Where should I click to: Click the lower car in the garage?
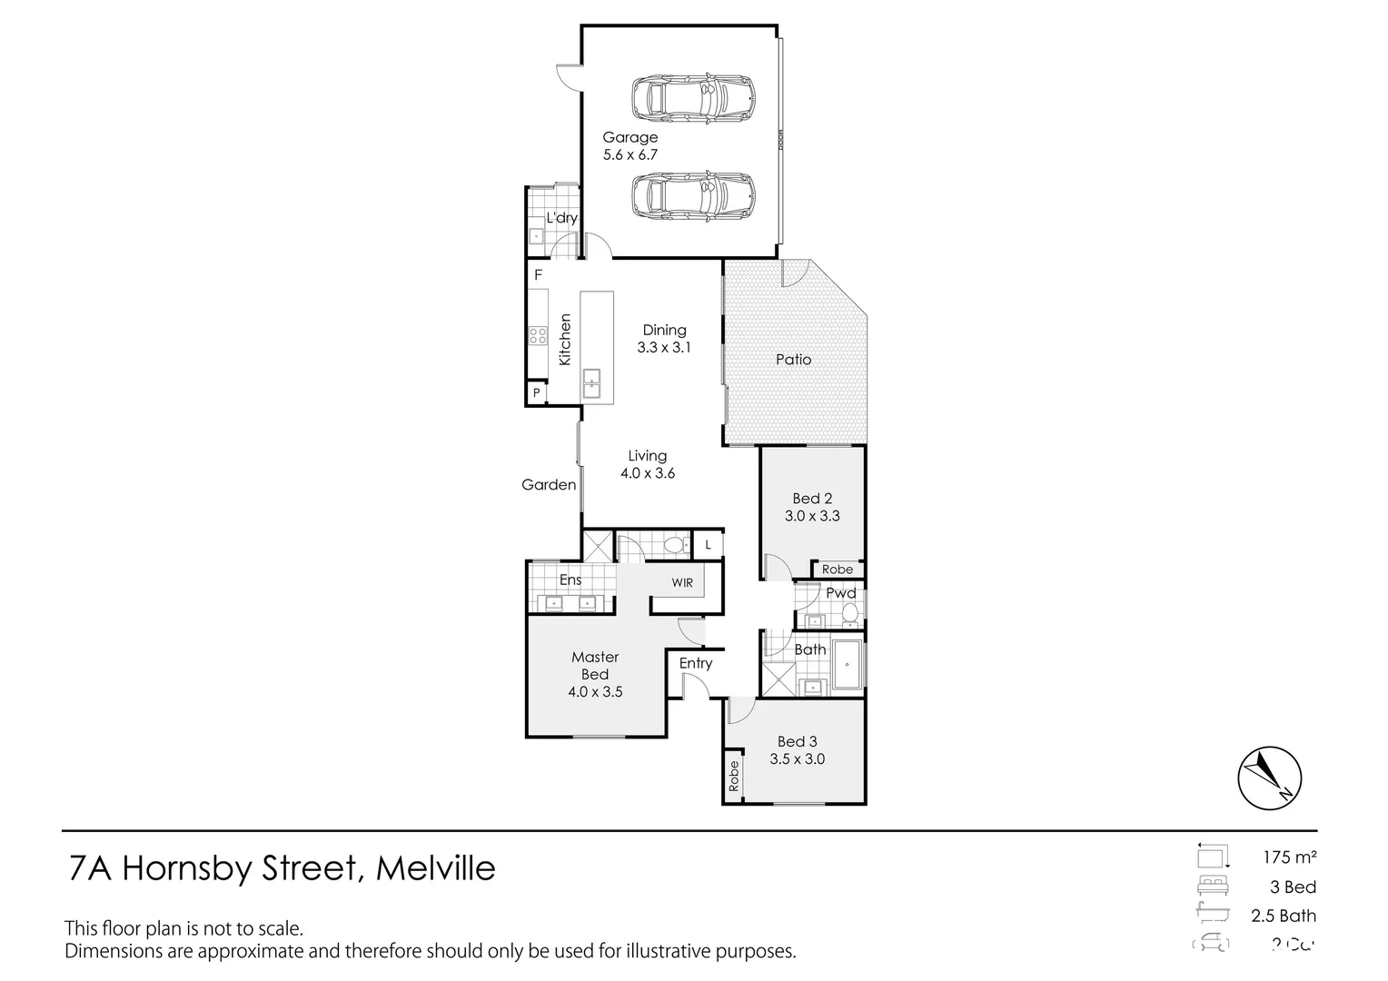(693, 196)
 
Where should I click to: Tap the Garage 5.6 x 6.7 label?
(630, 146)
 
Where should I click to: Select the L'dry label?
(561, 218)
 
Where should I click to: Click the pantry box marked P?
(537, 393)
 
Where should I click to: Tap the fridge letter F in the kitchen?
(538, 275)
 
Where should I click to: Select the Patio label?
(793, 360)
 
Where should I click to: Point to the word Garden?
(549, 485)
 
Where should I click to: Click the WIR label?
(682, 582)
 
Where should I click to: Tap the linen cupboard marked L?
(709, 545)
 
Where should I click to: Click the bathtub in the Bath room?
(847, 665)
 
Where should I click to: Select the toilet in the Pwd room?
(850, 616)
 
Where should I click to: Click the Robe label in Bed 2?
(837, 570)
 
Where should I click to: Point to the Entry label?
(696, 663)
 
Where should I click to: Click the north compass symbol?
(1269, 778)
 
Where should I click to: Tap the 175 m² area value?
(1289, 857)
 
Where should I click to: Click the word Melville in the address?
(435, 868)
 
